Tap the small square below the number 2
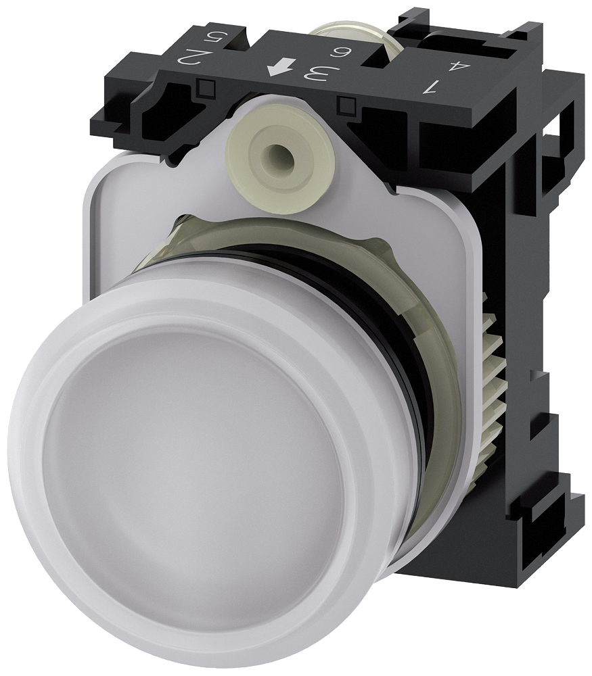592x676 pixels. [x=208, y=86]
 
